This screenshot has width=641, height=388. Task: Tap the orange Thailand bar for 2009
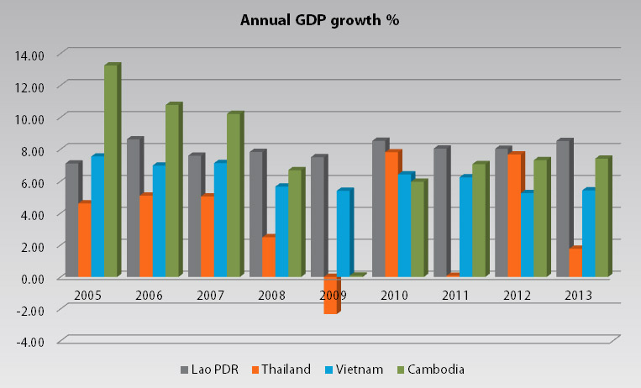(x=331, y=295)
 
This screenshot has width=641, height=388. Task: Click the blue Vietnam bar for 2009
(x=344, y=233)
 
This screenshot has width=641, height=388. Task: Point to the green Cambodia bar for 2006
(x=172, y=191)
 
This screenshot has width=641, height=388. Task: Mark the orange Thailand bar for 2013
(x=575, y=262)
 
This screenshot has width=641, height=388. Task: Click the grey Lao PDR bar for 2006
(x=134, y=207)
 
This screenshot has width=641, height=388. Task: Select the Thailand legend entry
(x=284, y=370)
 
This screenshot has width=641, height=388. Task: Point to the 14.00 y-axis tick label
(x=30, y=55)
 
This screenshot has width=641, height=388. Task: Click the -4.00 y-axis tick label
(x=30, y=342)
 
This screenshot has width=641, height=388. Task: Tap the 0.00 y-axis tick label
(x=32, y=278)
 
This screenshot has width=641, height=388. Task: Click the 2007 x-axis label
(x=210, y=296)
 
